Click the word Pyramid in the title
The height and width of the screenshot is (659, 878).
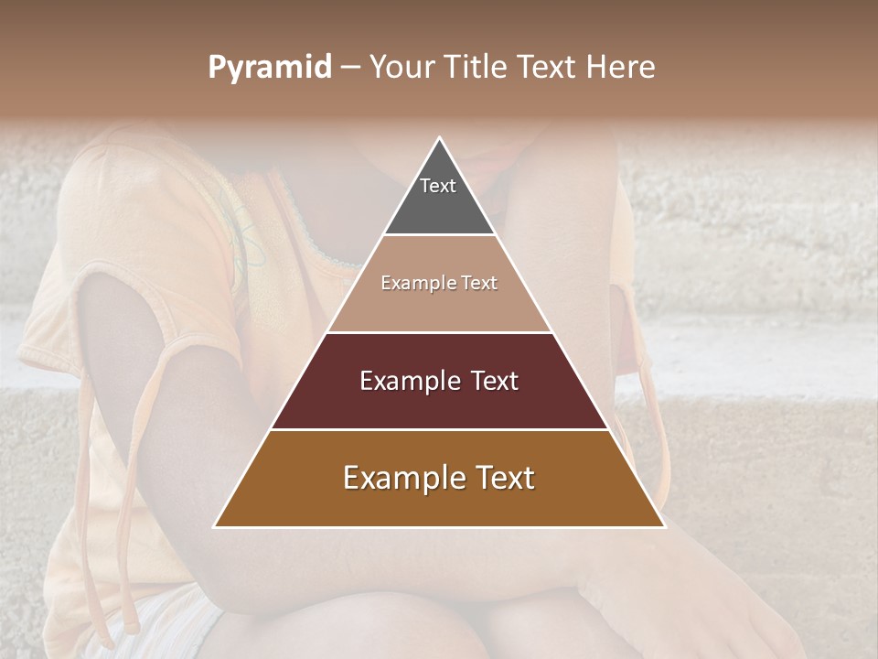[269, 68]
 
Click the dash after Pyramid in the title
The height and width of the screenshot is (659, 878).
[349, 68]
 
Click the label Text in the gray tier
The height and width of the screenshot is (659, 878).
[438, 186]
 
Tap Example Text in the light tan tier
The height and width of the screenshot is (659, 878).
[439, 283]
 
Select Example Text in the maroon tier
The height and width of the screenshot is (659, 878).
[439, 381]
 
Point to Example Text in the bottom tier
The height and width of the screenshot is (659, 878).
[439, 478]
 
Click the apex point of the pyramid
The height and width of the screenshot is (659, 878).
[439, 139]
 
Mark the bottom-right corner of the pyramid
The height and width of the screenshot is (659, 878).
[663, 526]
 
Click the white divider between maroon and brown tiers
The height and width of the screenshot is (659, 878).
[439, 429]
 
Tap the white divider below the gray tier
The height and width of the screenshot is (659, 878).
[439, 235]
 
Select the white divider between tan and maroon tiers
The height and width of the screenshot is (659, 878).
[439, 332]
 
